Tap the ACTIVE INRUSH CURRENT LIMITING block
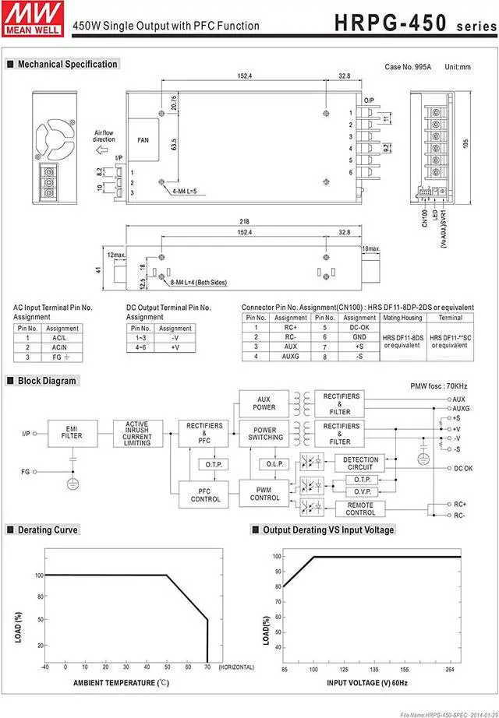coord(137,433)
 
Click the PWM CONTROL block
coord(265,494)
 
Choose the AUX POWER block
coord(264,403)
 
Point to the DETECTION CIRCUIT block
coord(360,463)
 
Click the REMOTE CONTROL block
coord(360,509)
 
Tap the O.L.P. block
coord(274,464)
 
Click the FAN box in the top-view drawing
coord(143,140)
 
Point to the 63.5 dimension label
coord(173,144)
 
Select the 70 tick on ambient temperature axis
coord(207,667)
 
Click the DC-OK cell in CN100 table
coord(359,328)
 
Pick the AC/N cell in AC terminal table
coord(59,347)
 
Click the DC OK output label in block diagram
coord(464,468)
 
